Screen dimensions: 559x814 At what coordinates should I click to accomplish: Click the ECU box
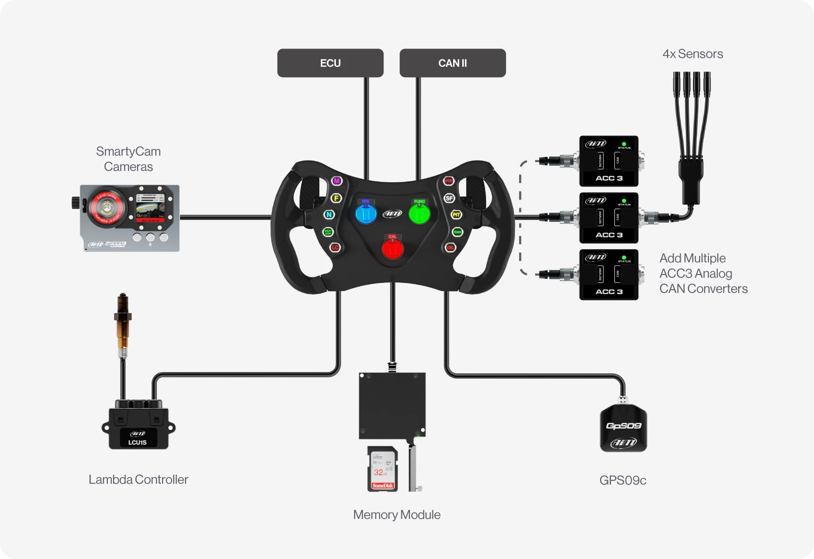pos(330,63)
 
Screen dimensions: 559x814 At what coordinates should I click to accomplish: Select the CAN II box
pos(452,63)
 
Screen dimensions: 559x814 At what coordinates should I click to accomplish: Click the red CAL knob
pos(392,248)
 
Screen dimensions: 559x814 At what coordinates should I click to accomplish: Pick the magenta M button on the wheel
pos(336,181)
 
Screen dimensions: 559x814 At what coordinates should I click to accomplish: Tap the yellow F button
pos(336,198)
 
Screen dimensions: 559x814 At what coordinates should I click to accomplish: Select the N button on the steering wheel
pos(329,215)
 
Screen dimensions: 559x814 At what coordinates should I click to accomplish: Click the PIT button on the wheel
pos(456,215)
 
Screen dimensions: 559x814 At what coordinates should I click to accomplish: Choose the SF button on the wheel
pos(449,198)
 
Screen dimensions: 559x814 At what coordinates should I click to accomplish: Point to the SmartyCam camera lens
pos(108,208)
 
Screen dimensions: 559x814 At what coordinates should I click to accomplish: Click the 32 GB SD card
pos(383,469)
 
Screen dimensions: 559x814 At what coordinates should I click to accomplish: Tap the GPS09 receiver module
pos(623,428)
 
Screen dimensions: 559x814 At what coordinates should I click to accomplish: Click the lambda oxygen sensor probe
pos(122,325)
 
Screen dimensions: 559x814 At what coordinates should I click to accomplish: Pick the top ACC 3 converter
pos(609,161)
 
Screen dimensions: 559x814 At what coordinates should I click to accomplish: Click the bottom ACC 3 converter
pos(609,275)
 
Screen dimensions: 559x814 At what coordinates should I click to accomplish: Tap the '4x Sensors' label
pos(692,54)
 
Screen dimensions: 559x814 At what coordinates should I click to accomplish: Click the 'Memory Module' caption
pos(397,515)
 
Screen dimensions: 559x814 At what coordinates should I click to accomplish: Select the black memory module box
pos(392,405)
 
